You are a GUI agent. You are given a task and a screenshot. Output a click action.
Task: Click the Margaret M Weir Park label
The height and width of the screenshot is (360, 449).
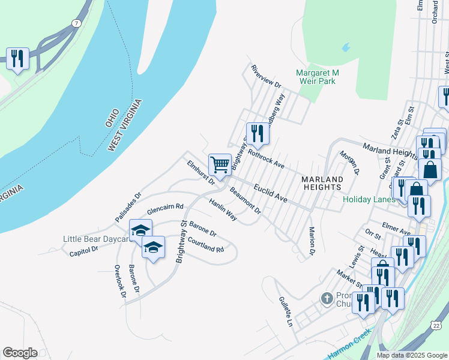tap(318, 77)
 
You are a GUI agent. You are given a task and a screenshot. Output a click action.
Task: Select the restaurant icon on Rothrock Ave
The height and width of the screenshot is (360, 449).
tap(258, 134)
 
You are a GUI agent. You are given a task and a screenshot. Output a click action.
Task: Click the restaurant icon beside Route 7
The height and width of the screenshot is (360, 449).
tap(17, 59)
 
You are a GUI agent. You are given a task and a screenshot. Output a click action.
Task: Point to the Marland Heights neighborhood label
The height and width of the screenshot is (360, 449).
tap(322, 183)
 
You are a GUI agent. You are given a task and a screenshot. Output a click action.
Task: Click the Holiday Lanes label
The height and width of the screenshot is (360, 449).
tap(369, 200)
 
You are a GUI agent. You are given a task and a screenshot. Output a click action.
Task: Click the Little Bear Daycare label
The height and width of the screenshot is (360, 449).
tap(96, 239)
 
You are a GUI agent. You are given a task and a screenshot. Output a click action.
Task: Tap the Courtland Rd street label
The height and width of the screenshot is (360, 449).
tap(205, 245)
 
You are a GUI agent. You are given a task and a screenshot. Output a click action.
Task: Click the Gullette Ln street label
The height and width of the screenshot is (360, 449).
tap(285, 311)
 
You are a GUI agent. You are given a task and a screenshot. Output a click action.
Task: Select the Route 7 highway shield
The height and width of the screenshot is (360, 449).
tap(76, 24)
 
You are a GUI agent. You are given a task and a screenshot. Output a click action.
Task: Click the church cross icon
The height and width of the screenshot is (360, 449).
tap(327, 298)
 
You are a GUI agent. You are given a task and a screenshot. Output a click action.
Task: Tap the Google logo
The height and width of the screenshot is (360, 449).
tap(20, 353)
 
